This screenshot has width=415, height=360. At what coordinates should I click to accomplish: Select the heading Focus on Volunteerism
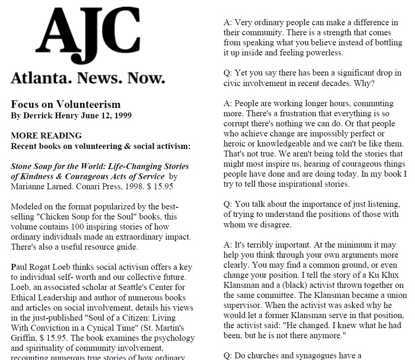point(65,104)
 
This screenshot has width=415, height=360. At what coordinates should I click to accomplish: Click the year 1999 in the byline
point(122,115)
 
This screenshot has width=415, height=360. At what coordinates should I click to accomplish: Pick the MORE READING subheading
point(46,136)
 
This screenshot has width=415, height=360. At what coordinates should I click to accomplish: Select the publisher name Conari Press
point(86,186)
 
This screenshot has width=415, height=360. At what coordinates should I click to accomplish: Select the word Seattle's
point(115,287)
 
